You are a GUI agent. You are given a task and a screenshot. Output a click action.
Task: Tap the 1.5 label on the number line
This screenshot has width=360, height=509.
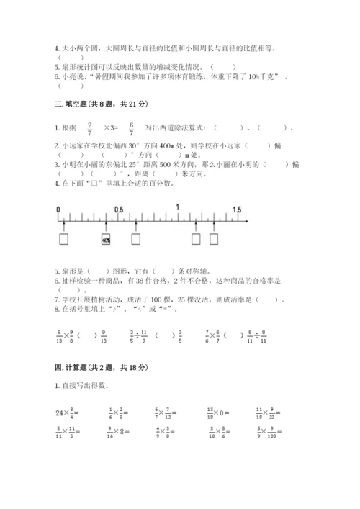point(236,209)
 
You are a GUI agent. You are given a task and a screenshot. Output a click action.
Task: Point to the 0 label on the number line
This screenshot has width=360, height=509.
point(58,210)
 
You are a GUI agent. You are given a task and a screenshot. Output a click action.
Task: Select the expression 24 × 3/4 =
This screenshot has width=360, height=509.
point(68,413)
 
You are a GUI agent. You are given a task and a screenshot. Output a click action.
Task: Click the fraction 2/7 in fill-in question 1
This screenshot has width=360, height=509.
point(89,128)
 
